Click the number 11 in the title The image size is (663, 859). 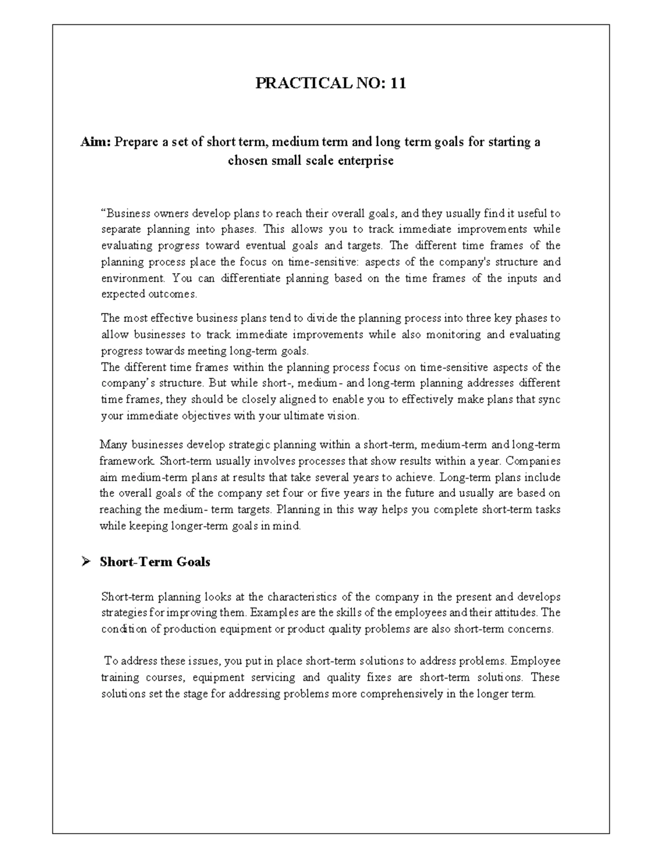pos(398,84)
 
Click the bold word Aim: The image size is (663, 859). pos(96,142)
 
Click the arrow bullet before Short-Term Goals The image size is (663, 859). pos(85,562)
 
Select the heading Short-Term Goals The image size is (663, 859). pos(155,562)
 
